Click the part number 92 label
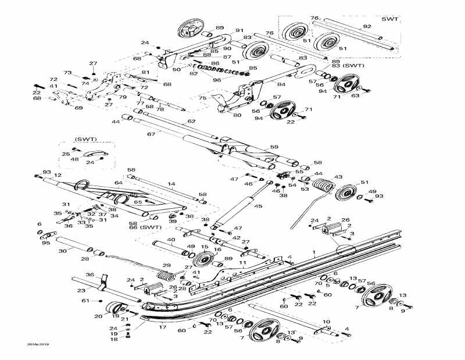click(367, 26)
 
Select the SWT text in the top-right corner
click(389, 19)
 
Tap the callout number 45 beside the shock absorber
click(259, 206)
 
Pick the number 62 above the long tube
click(191, 122)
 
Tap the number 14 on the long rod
click(171, 184)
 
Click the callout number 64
click(119, 183)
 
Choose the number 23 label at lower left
click(81, 290)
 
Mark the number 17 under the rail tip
click(163, 327)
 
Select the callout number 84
click(281, 84)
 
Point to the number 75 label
click(202, 99)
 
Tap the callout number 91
click(239, 30)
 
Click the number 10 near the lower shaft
click(326, 322)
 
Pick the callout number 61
click(85, 301)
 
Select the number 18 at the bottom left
click(114, 339)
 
